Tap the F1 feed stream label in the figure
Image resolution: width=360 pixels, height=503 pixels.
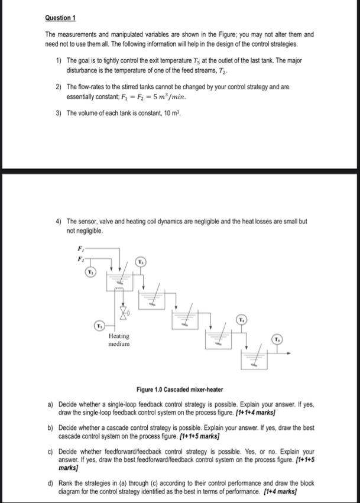click(x=80, y=248)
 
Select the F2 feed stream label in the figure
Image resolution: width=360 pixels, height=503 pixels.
click(x=80, y=258)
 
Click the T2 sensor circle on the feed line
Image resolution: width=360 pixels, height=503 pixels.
click(x=90, y=272)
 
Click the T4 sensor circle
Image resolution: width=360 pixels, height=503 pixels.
click(x=241, y=320)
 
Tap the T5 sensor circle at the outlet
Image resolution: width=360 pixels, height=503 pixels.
click(x=276, y=339)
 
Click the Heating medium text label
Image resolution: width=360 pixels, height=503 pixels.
click(x=119, y=340)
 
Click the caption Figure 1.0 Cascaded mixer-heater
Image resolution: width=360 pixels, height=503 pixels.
click(x=180, y=390)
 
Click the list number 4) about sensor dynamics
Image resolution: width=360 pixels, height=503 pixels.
click(x=59, y=221)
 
